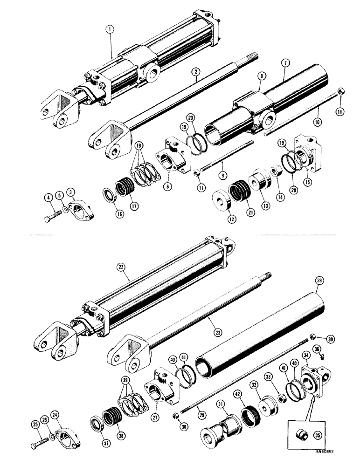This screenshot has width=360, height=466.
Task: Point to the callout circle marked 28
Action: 319,281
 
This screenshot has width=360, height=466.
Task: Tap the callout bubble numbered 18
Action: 138,146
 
